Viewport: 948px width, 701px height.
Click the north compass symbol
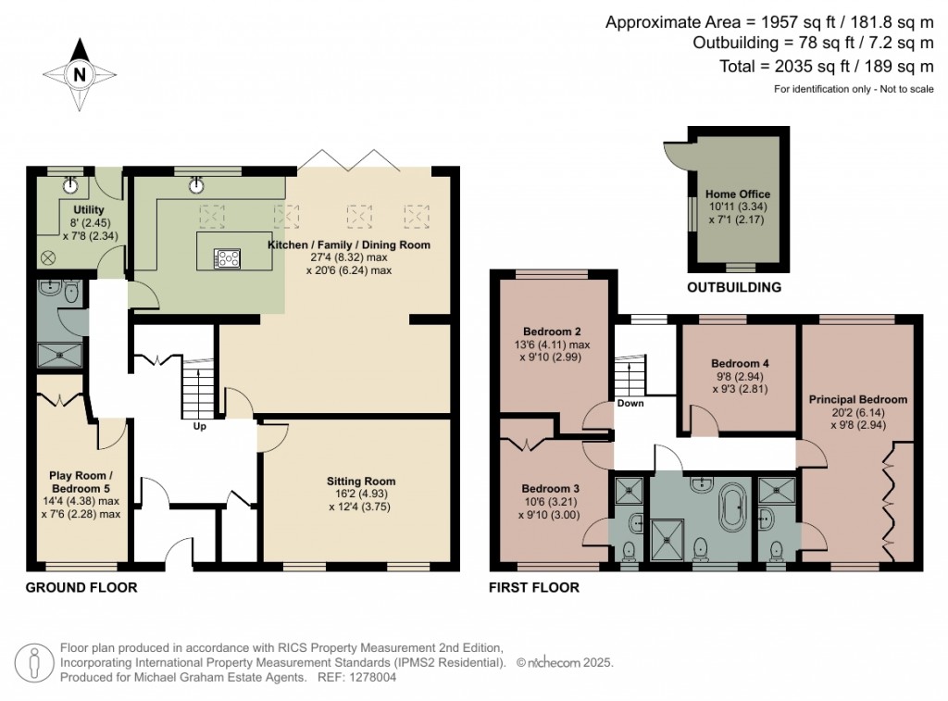(x=80, y=74)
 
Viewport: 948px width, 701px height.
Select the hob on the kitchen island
(x=227, y=258)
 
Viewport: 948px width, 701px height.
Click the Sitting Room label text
(x=360, y=481)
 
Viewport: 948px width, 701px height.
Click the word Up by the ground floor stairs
(x=199, y=427)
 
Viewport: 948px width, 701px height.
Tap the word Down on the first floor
(x=630, y=403)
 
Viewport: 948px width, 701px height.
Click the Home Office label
(x=738, y=194)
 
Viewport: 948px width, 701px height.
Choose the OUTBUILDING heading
(x=733, y=287)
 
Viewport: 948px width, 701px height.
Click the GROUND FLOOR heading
(x=81, y=587)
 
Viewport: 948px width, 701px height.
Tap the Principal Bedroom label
(x=858, y=399)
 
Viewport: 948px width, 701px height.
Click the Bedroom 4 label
(x=740, y=364)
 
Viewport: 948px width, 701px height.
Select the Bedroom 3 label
(x=551, y=488)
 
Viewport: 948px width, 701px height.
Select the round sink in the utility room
(x=70, y=185)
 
